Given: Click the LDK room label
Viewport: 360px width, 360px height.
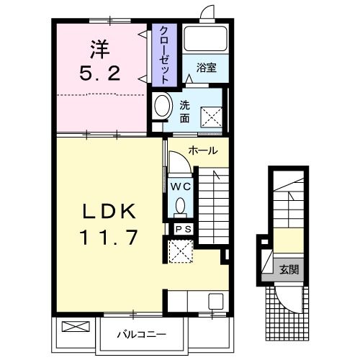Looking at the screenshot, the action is pyautogui.click(x=109, y=211).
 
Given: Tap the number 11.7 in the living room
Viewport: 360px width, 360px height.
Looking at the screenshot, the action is pyautogui.click(x=109, y=237).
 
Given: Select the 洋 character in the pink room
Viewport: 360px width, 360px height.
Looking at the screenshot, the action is pyautogui.click(x=100, y=50).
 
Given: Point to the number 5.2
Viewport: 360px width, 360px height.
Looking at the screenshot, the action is pyautogui.click(x=100, y=73).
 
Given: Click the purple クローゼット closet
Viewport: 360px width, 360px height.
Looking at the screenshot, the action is pyautogui.click(x=164, y=55).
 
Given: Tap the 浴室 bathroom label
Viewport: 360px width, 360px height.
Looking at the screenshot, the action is pyautogui.click(x=207, y=68).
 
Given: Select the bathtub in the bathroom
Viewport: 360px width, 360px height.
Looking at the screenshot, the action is pyautogui.click(x=205, y=38).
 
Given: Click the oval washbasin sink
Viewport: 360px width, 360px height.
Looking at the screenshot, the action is pyautogui.click(x=162, y=106).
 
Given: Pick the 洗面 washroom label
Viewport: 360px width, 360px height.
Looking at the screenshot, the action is pyautogui.click(x=185, y=112).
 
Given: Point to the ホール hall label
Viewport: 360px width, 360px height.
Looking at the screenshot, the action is pyautogui.click(x=203, y=150).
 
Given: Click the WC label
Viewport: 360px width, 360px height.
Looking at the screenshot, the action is pyautogui.click(x=181, y=186).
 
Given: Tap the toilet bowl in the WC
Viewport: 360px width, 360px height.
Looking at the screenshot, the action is pyautogui.click(x=180, y=206).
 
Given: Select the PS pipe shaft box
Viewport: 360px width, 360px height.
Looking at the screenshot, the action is pyautogui.click(x=184, y=229).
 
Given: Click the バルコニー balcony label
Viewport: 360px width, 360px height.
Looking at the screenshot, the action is pyautogui.click(x=141, y=334).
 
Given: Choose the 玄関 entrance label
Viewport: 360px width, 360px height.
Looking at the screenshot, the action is pyautogui.click(x=289, y=270).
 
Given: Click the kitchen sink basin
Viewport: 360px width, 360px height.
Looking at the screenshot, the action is pyautogui.click(x=216, y=301).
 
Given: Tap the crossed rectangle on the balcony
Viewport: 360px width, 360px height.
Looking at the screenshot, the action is pyautogui.click(x=76, y=327).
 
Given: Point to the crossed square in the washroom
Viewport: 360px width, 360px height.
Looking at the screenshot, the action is pyautogui.click(x=212, y=117).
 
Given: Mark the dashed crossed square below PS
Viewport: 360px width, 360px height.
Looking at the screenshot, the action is pyautogui.click(x=181, y=251).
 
